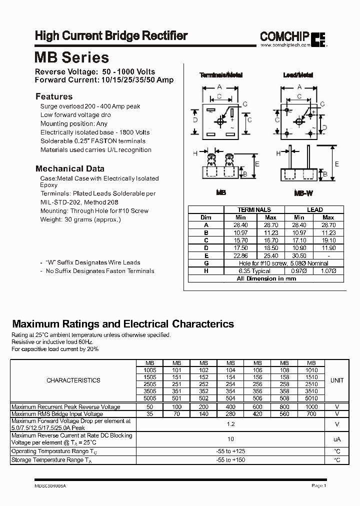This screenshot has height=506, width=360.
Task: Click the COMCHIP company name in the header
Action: pos(285,36)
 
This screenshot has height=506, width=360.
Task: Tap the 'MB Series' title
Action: pos(71,57)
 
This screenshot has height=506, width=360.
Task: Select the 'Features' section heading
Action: pos(54,96)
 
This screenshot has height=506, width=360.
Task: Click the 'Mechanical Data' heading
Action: pos(70,168)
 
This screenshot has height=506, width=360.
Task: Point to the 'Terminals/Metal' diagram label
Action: pos(221,75)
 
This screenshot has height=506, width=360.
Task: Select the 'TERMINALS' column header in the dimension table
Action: pos(254,210)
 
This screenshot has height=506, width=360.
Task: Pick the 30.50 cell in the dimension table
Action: pos(299,255)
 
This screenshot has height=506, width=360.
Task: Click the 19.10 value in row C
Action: pos(328,240)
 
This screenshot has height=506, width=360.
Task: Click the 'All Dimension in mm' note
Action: pos(265,278)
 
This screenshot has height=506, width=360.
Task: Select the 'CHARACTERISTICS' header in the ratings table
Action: pos(73,380)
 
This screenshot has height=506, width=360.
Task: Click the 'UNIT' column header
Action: pos(337,380)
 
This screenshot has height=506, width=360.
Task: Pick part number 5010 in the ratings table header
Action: pos(311,398)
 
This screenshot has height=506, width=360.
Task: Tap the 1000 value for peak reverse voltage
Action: pos(311,407)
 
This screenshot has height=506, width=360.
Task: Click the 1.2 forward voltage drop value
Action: pos(230,424)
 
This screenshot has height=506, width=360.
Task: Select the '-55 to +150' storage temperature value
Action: pos(230,459)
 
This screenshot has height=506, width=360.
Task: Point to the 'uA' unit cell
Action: pos(337,438)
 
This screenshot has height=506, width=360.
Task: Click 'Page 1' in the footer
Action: pos(318,485)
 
